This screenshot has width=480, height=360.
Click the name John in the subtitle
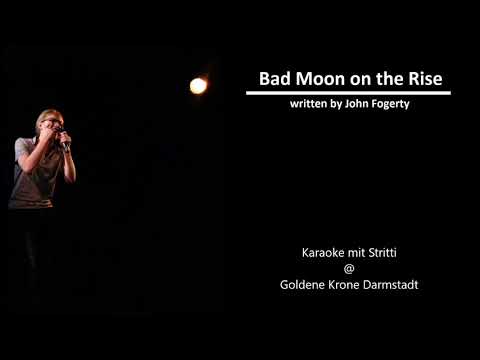(x=346, y=104)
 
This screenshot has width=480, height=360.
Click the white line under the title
(x=348, y=93)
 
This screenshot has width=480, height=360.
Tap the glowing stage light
(x=198, y=86)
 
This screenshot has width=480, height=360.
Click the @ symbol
(x=349, y=268)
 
